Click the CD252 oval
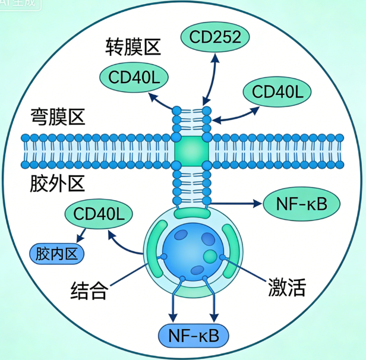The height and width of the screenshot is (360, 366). coord(214,37)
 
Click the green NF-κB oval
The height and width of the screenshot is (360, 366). coord(301,203)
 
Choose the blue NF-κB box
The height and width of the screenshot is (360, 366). coord(193,336)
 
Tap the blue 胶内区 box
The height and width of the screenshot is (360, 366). coord(56,255)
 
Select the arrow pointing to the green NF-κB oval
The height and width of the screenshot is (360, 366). coord(238,204)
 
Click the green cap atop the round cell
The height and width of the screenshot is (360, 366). coord(191,212)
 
